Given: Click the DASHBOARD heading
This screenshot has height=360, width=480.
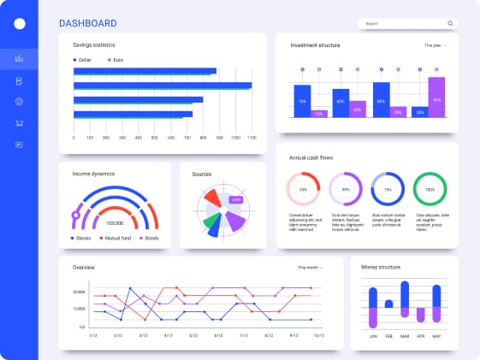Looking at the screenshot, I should (x=88, y=23).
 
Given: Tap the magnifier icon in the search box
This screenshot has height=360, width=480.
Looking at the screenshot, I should (x=450, y=23).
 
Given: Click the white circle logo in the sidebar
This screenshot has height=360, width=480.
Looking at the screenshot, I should (x=20, y=24).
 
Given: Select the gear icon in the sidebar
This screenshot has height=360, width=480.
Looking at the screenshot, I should (x=19, y=102).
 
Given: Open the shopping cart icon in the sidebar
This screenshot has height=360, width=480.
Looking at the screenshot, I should (x=19, y=123).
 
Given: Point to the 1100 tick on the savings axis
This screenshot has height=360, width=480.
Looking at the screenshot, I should (x=252, y=138).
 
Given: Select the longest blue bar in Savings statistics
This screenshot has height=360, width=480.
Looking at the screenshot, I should (x=163, y=85).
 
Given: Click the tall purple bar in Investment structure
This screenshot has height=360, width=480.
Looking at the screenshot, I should (x=436, y=96).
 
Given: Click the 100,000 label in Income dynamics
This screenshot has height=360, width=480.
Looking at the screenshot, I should (x=115, y=222).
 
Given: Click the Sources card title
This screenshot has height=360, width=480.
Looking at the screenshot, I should (x=202, y=174).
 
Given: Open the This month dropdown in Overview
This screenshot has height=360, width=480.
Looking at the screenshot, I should (x=311, y=268).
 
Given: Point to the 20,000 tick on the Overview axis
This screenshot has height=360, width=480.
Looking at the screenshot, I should (x=78, y=292).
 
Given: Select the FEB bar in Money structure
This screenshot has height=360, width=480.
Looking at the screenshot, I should (x=389, y=303).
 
